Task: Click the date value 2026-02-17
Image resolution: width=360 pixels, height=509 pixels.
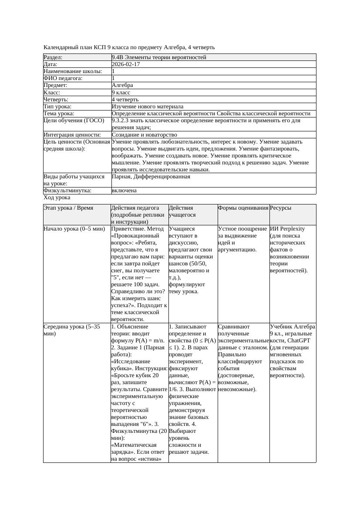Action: coord(126,64)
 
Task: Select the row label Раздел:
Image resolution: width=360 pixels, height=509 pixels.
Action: coord(53,57)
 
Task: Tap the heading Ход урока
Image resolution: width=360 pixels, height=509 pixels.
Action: coord(57,198)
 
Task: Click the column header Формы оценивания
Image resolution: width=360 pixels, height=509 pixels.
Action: coord(243,208)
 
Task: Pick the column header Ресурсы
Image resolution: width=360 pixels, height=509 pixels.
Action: coord(281,208)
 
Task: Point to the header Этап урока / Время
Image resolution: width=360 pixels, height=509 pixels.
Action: coord(68,208)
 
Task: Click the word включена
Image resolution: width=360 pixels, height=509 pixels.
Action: coord(124,191)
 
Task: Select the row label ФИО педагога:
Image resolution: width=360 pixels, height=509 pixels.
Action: coord(63,78)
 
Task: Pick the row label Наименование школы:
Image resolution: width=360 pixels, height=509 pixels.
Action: coord(73,71)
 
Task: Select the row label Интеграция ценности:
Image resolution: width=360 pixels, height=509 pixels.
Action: coord(72,135)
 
